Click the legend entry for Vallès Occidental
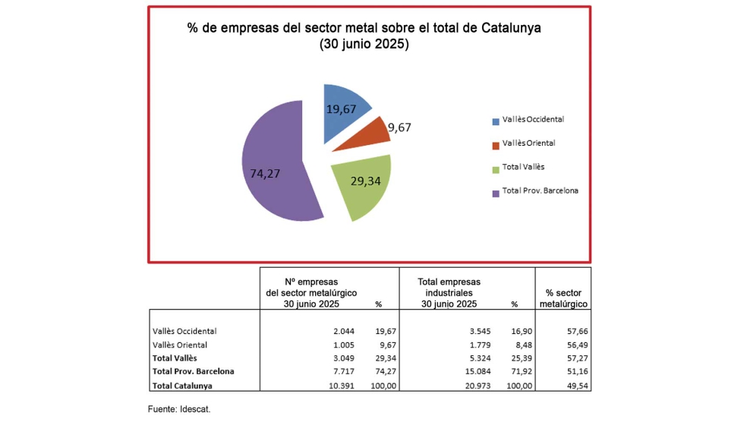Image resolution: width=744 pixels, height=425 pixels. click(x=532, y=120)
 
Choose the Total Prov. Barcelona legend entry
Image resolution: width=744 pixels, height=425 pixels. click(x=539, y=191)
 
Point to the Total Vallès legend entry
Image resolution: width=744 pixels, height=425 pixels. click(x=522, y=167)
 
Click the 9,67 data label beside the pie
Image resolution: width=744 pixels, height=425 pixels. click(x=399, y=127)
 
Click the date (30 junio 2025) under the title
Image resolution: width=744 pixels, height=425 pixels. click(x=364, y=45)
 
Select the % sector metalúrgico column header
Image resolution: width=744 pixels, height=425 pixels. click(x=563, y=298)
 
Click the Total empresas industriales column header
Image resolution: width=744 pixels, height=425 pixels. click(x=449, y=292)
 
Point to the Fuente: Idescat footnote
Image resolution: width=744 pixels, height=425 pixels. click(x=179, y=409)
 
